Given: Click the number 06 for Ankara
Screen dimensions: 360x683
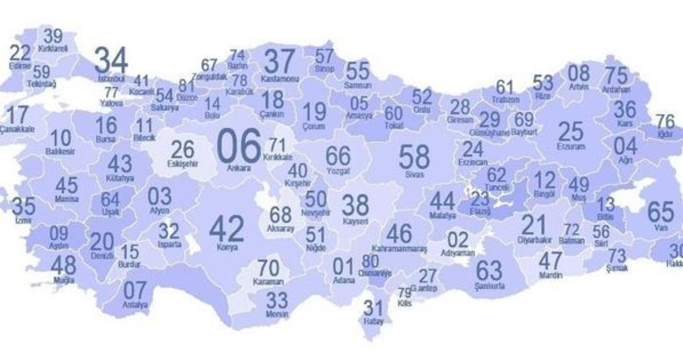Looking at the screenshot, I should [x=239, y=143].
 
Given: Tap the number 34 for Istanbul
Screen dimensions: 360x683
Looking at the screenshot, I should [x=112, y=60].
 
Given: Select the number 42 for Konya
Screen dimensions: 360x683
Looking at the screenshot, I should [x=227, y=228].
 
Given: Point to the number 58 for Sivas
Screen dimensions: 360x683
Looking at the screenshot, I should [x=414, y=158].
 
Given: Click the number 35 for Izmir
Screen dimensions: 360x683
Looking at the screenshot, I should [x=25, y=207].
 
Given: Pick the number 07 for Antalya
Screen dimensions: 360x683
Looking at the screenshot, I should [x=135, y=290].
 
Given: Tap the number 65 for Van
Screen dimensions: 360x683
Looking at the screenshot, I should [x=661, y=211].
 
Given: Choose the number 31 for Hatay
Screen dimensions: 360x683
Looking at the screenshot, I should [x=374, y=307].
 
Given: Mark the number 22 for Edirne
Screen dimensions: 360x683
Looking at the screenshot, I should [x=20, y=53].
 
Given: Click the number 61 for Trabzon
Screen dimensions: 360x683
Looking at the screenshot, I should [x=505, y=88].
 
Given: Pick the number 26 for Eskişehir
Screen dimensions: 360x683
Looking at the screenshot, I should [x=183, y=149].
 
